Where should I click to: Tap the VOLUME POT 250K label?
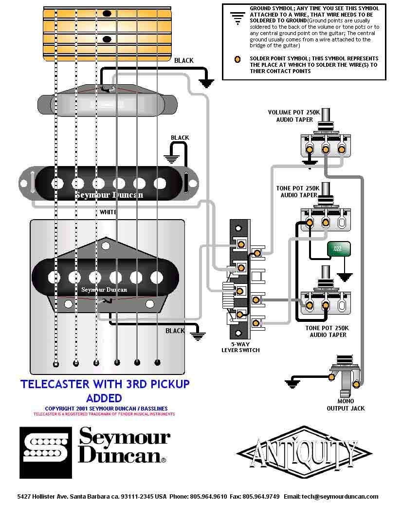[293, 112]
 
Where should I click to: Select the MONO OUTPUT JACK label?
[345, 405]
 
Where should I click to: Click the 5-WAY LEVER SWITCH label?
[240, 347]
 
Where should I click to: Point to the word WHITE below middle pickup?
[108, 212]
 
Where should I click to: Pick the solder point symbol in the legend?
[237, 59]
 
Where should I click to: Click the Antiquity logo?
[304, 451]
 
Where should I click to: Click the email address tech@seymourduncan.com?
[339, 497]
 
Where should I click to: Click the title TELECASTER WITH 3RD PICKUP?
[105, 384]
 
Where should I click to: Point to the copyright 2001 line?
[106, 408]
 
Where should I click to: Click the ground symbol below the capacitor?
[345, 277]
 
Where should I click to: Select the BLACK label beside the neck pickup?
[183, 61]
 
